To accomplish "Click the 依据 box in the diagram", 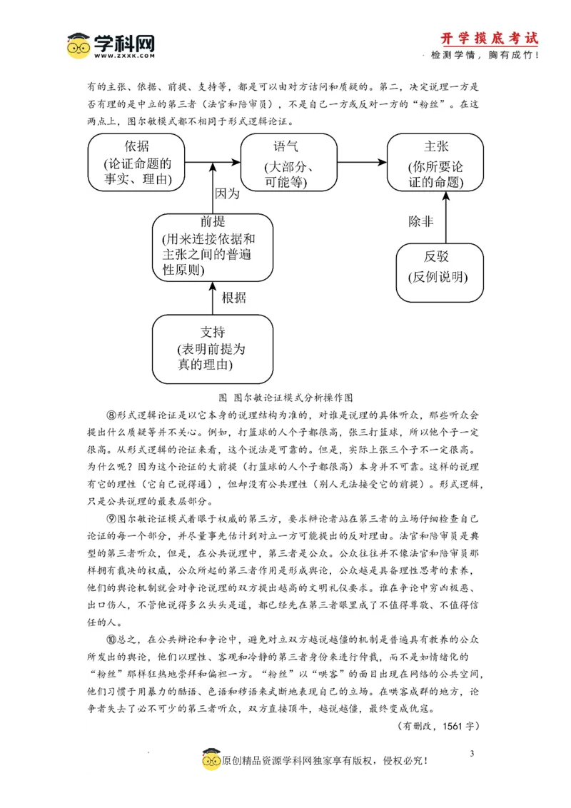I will click(136, 163).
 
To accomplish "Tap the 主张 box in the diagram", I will click(435, 163).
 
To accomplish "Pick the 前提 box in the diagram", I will click(213, 247).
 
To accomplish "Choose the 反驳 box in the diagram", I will click(440, 271).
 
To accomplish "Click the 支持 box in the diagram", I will click(213, 349).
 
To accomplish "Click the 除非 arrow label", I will click(420, 221).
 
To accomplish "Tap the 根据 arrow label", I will click(233, 298).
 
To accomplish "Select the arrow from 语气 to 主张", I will click(361, 163).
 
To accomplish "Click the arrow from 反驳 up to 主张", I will click(445, 218).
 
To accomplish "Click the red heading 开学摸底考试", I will click(489, 39).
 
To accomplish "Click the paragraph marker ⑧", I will click(111, 415).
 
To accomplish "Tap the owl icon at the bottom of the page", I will click(211, 760).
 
